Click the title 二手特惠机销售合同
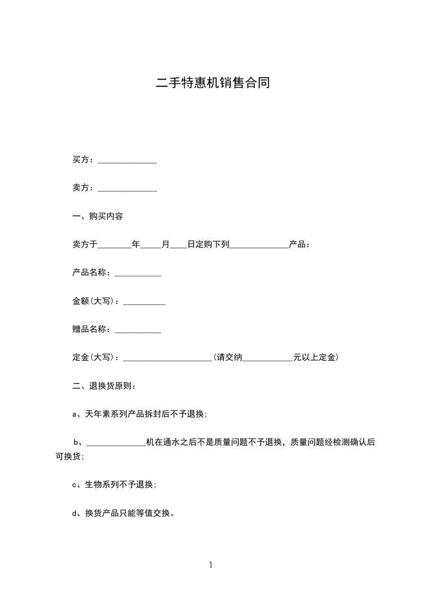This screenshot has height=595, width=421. point(213,83)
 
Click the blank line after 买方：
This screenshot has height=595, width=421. point(127,161)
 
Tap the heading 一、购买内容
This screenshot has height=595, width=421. point(98,217)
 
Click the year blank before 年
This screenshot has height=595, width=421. point(115,246)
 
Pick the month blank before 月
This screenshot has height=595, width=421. point(151,246)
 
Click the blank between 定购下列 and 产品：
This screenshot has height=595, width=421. point(259,246)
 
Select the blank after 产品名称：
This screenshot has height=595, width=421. point(138,274)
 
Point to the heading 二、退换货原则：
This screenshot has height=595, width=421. point(104,386)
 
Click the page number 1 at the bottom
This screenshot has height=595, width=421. point(211,565)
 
